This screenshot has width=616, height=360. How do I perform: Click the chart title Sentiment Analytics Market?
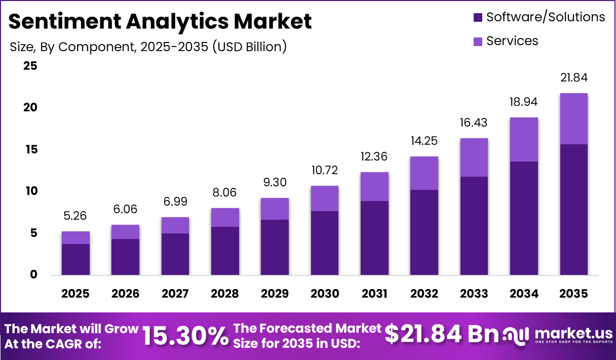click(160, 21)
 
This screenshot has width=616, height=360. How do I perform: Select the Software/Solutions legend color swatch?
click(478, 18)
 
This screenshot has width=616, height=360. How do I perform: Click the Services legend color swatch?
click(478, 42)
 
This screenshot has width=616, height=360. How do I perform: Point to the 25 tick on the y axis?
click(30, 66)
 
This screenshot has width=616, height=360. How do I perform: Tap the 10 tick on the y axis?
click(30, 191)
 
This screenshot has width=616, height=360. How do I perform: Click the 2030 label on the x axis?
click(325, 294)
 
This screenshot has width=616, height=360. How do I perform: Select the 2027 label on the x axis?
click(175, 294)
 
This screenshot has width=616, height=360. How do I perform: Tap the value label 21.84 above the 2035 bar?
click(573, 78)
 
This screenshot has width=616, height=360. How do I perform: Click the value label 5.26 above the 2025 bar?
click(75, 216)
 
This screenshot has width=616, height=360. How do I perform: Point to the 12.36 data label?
click(374, 157)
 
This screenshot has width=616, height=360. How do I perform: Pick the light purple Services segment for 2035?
click(573, 118)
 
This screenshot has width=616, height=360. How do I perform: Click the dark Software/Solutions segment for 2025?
click(75, 259)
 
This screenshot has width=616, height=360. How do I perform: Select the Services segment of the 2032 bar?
click(424, 173)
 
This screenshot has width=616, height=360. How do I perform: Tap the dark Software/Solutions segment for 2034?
click(524, 218)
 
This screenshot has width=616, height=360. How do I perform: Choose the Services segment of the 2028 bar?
click(225, 217)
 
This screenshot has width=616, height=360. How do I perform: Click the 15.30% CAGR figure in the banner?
click(185, 336)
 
